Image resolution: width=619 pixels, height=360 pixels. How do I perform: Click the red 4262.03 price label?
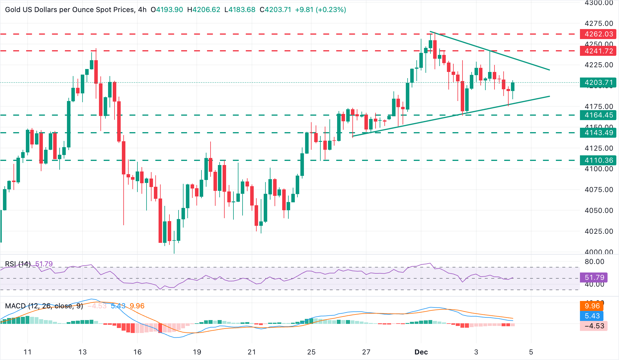point(598,34)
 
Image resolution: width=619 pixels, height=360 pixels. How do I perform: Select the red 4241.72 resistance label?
point(598,51)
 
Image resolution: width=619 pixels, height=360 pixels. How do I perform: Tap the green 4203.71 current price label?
point(598,83)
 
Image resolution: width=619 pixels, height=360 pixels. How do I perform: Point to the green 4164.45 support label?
point(598,115)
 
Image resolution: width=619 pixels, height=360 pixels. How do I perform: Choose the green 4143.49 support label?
point(598,133)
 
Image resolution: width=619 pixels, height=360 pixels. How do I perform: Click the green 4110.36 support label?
point(598,160)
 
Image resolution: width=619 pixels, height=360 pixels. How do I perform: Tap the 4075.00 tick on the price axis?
point(599,190)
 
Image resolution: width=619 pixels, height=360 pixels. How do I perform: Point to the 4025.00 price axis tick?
point(599,231)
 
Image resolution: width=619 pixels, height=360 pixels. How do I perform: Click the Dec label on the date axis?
point(421,352)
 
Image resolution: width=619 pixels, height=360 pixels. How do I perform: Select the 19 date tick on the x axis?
point(197,352)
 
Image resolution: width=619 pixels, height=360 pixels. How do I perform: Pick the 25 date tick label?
point(311,352)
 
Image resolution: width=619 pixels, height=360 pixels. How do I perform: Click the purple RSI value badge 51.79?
point(594,277)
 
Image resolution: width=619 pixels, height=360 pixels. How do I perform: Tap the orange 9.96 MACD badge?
point(592,306)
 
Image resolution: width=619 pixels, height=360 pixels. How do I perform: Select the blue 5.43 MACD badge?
point(592,316)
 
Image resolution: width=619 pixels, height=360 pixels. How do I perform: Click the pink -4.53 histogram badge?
point(594,326)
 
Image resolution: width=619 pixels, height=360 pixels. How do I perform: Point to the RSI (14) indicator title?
point(18,264)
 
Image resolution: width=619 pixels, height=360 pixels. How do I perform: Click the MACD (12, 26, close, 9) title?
point(44,306)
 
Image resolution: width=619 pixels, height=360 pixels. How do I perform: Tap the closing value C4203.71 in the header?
point(275,10)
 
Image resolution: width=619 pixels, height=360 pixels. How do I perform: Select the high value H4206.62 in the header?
point(203,10)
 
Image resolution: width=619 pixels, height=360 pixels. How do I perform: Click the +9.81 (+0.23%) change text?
point(320,10)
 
